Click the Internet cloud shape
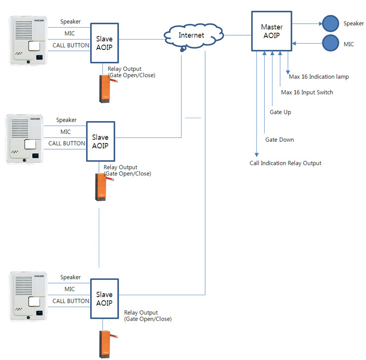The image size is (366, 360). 190,36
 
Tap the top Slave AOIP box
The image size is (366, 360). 105,43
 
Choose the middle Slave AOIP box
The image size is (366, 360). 101,141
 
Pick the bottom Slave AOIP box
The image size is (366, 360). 104,299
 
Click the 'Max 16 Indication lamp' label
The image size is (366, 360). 319,77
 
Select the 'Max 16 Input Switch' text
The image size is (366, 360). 307,92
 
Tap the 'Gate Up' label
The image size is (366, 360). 280,112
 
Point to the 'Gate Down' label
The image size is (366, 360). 279,140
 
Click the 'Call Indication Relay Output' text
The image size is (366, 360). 285,163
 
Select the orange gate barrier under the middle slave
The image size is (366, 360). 102,187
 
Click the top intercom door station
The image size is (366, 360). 28,41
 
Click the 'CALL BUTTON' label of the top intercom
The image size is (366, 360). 71,45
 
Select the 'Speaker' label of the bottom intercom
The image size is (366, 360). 70,277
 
